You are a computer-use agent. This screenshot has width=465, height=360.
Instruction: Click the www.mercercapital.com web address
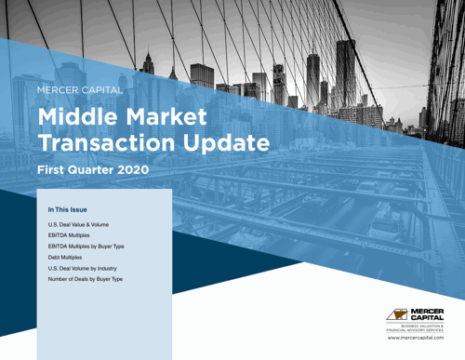(x=416, y=338)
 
